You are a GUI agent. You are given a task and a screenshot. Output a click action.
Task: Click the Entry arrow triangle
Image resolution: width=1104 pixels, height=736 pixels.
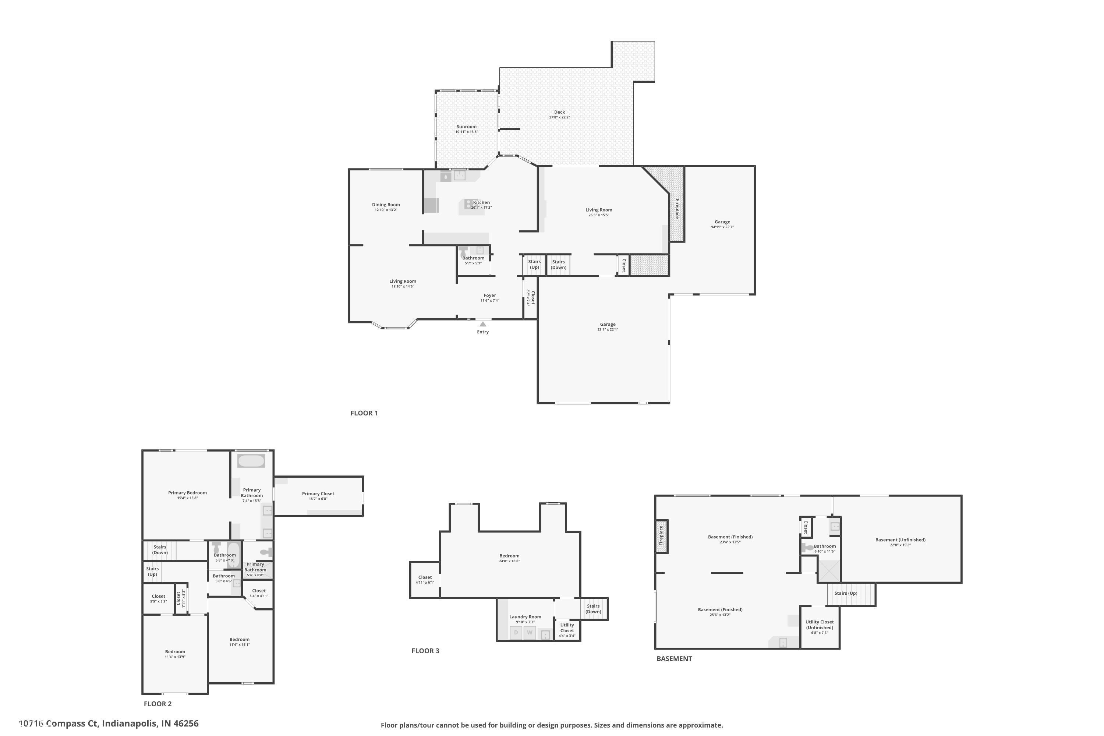click(x=482, y=324)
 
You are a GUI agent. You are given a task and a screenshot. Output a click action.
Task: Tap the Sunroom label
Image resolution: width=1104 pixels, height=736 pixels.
click(x=466, y=127)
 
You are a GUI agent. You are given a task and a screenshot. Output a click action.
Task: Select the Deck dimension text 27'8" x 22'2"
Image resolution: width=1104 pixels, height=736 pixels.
click(x=559, y=117)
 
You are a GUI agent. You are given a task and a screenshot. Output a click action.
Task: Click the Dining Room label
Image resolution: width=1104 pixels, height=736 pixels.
click(x=386, y=205)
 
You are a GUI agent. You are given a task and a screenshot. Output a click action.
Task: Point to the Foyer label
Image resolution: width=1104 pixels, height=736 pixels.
click(x=489, y=295)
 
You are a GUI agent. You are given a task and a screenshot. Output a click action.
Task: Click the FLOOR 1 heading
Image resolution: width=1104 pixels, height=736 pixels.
click(x=364, y=413)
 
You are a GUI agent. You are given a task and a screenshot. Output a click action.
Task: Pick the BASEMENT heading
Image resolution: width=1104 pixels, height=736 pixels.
click(x=674, y=659)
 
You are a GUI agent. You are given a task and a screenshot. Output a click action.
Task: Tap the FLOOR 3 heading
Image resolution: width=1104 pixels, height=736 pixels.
click(x=425, y=651)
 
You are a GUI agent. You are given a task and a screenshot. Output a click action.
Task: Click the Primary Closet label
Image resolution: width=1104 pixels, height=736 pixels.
click(x=318, y=493)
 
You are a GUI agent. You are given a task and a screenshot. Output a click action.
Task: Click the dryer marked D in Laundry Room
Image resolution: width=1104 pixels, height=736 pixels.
click(x=516, y=633)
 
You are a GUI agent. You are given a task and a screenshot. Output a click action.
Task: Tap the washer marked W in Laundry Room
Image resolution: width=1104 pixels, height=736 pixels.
click(x=530, y=633)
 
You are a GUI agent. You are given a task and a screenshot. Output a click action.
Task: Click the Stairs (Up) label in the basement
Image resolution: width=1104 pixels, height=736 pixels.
click(x=846, y=593)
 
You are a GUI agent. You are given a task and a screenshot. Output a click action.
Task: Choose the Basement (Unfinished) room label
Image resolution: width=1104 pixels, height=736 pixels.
click(x=900, y=540)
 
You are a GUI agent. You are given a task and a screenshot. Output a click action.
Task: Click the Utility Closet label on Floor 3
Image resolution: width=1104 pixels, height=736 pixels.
click(x=567, y=627)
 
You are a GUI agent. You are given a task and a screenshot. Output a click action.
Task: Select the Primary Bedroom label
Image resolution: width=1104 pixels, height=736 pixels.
click(x=187, y=493)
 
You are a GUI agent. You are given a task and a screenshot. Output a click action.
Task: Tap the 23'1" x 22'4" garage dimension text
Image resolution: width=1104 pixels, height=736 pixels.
click(x=608, y=329)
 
